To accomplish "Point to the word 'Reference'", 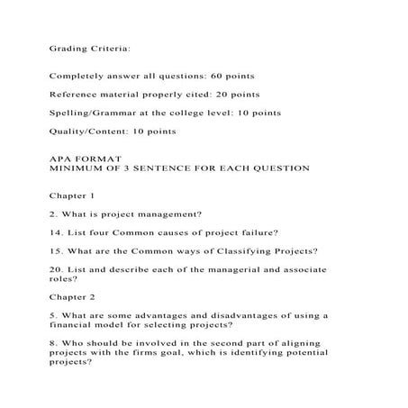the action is (77, 94).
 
